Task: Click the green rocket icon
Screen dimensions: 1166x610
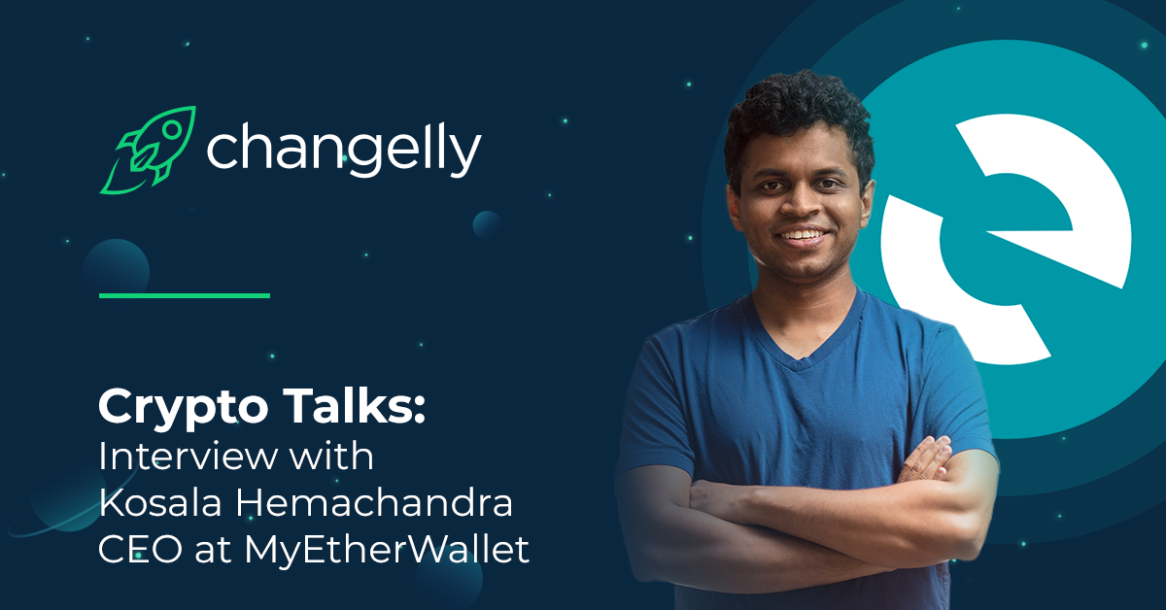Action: [x=149, y=150]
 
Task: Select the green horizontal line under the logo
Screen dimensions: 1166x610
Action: [x=185, y=295]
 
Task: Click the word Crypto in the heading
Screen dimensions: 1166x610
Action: [x=184, y=408]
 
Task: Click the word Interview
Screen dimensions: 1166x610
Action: [x=188, y=457]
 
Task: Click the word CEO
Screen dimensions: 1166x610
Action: [x=141, y=549]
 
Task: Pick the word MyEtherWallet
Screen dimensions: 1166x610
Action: [x=388, y=551]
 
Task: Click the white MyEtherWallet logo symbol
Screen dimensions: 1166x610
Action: [x=1006, y=239]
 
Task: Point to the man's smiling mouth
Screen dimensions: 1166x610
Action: [x=803, y=237]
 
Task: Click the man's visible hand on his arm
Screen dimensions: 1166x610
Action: [x=925, y=459]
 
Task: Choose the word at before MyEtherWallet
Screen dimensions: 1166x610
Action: [x=213, y=551]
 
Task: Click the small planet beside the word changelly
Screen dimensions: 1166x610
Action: [x=487, y=224]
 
